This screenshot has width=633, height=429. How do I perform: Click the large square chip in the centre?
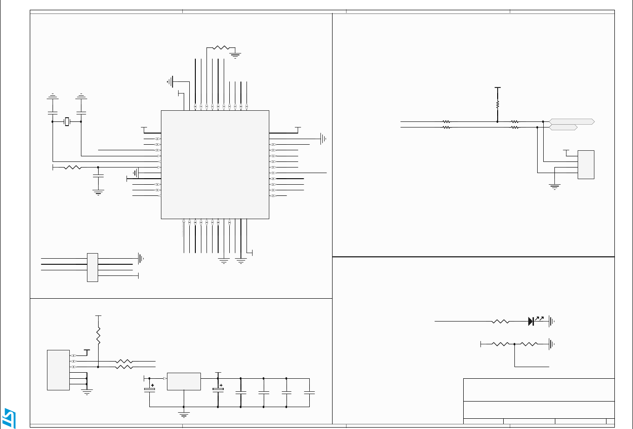[x=215, y=164]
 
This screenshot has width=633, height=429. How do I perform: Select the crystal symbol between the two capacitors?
[x=67, y=122]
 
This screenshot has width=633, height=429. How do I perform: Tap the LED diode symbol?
[x=531, y=321]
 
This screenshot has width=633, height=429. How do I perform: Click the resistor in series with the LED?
[x=501, y=321]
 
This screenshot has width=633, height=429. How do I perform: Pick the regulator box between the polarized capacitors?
[x=184, y=381]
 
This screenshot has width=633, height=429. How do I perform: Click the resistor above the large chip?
[x=221, y=48]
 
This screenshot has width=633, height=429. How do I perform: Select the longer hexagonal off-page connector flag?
[x=572, y=121]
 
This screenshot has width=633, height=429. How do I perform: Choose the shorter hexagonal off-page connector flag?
[x=563, y=127]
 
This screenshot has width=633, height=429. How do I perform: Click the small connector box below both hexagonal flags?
[x=586, y=165]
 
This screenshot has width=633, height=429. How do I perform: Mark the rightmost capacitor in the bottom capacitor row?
[x=309, y=393]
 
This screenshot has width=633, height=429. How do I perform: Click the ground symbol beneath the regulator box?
[x=184, y=414]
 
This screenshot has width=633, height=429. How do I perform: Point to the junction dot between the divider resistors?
[x=514, y=344]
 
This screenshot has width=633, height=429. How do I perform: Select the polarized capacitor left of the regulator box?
[x=150, y=388]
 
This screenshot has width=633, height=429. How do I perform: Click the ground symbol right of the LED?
[x=552, y=321]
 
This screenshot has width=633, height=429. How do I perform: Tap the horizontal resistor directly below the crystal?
[x=72, y=167]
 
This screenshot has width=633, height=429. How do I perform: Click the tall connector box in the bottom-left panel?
[x=58, y=370]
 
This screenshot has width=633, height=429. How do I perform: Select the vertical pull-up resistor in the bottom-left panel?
[x=98, y=335]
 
